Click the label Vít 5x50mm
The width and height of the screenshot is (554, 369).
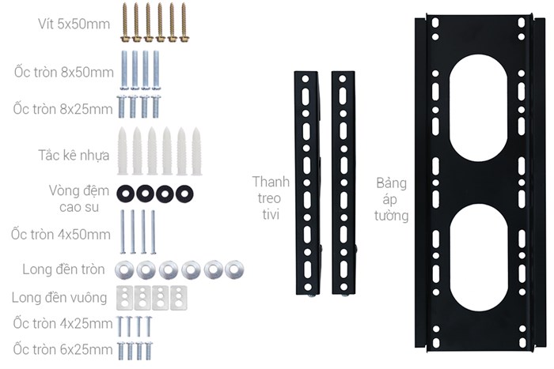click(74, 24)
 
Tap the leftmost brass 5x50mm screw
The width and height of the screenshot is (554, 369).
click(125, 23)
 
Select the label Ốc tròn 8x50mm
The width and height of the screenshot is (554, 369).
click(64, 72)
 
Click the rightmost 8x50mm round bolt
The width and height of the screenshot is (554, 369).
click(156, 70)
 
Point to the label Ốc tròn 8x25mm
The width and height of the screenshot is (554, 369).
click(63, 109)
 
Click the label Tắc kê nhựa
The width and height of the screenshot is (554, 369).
click(74, 155)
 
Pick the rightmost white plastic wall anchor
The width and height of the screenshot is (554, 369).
click(196, 152)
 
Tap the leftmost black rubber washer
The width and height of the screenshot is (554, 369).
click(125, 194)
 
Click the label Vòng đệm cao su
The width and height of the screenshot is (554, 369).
click(79, 198)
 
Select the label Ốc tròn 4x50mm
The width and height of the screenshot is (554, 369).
click(61, 234)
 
